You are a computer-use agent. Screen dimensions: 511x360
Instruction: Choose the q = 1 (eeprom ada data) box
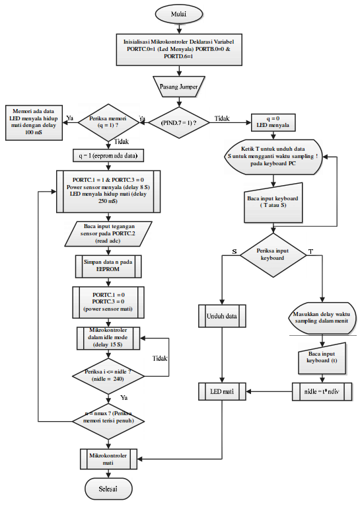(107, 156)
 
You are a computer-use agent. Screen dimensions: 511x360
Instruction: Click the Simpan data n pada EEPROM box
(106, 266)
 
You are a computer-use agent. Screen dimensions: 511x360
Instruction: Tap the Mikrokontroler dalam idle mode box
(106, 338)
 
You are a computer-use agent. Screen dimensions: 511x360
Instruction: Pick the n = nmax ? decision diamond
(106, 421)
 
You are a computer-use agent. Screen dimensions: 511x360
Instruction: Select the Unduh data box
(223, 316)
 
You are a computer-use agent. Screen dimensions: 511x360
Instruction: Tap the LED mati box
(223, 391)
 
